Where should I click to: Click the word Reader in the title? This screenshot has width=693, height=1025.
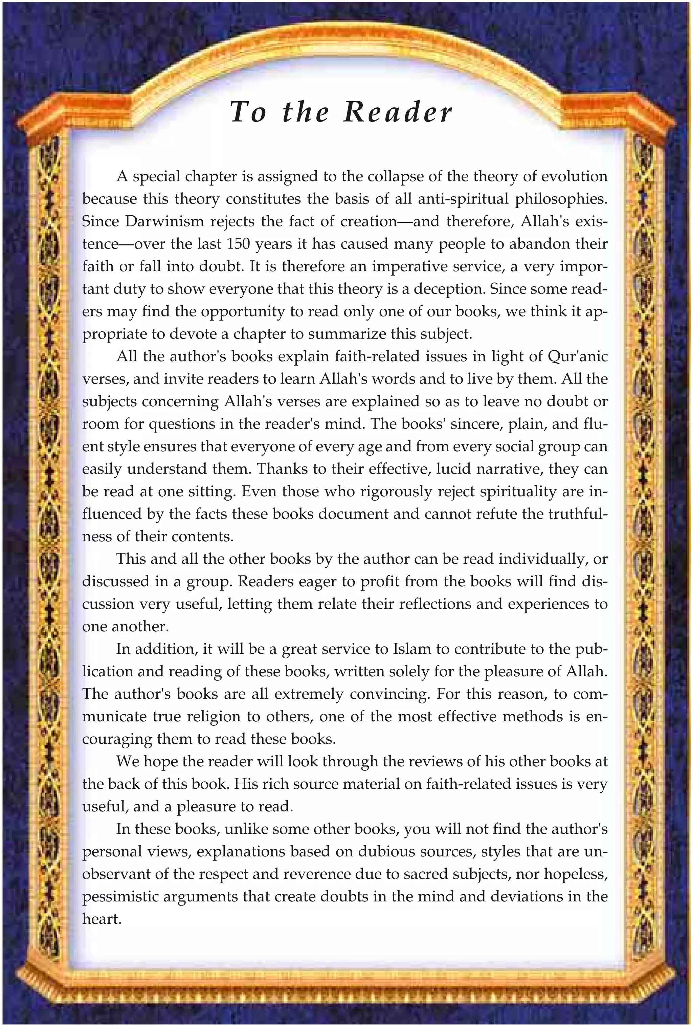coord(398,112)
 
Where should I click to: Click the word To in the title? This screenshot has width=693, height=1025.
coord(248,112)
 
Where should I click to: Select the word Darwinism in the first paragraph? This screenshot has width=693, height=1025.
coord(164,221)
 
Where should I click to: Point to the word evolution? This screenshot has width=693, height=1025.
coord(574,176)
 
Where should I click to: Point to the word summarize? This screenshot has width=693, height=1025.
coord(341,333)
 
